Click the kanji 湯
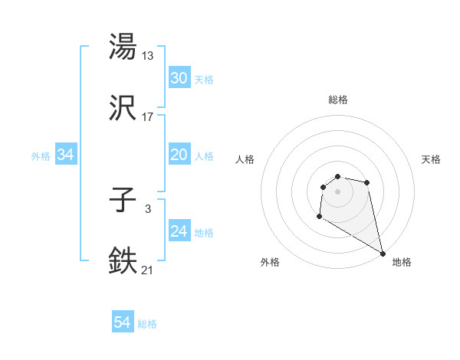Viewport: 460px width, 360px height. click(x=123, y=47)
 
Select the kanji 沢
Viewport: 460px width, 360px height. click(x=123, y=110)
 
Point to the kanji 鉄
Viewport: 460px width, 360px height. click(x=123, y=260)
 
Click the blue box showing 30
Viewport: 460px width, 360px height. click(x=179, y=78)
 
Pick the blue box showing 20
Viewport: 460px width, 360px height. click(x=179, y=155)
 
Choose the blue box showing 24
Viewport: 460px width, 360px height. click(x=179, y=231)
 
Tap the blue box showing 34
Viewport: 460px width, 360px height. click(x=65, y=155)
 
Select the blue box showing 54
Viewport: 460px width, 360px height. click(x=123, y=323)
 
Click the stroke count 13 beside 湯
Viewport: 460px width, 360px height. click(x=149, y=55)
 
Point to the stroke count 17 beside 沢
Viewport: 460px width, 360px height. click(x=148, y=117)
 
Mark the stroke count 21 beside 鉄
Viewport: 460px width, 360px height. click(x=147, y=269)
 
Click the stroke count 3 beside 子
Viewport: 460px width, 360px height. click(x=147, y=208)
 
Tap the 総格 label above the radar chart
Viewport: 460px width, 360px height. click(x=338, y=100)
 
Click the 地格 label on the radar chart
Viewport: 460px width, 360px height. click(x=402, y=262)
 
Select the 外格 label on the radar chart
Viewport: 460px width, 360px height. click(x=270, y=262)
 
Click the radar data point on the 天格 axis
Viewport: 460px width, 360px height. click(x=367, y=182)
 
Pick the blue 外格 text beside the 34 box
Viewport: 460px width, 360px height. click(x=41, y=155)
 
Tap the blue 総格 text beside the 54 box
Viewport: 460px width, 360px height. click(x=147, y=324)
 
